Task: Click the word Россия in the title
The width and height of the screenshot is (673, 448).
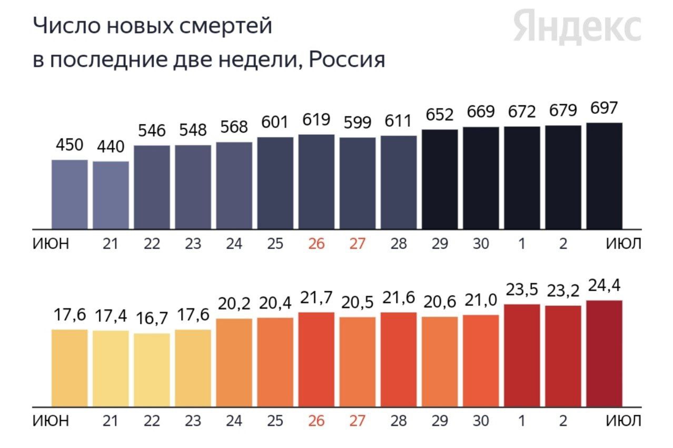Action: pyautogui.click(x=347, y=59)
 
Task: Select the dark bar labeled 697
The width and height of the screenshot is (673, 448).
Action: pyautogui.click(x=604, y=176)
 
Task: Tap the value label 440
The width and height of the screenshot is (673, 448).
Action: pyautogui.click(x=111, y=146)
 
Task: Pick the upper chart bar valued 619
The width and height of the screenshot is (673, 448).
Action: pyautogui.click(x=316, y=182)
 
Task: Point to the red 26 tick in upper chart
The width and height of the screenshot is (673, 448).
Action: pyautogui.click(x=316, y=244)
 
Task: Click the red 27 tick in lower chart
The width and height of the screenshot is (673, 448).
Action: pyautogui.click(x=357, y=421)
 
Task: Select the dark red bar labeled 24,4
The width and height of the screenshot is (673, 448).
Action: pyautogui.click(x=604, y=354)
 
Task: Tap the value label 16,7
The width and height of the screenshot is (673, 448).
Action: pyautogui.click(x=152, y=320)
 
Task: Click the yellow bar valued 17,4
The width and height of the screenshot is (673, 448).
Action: pyautogui.click(x=111, y=369)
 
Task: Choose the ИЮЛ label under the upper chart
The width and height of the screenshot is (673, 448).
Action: pyautogui.click(x=623, y=244)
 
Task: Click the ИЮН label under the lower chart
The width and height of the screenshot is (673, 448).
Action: pyautogui.click(x=51, y=421)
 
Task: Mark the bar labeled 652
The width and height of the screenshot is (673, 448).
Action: pyautogui.click(x=440, y=179)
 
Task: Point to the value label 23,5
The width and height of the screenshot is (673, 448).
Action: pyautogui.click(x=522, y=290)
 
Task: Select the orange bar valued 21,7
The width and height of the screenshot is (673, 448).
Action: pyautogui.click(x=316, y=360)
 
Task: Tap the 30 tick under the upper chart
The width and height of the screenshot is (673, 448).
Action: pyautogui.click(x=480, y=244)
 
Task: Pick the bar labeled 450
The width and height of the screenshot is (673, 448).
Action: pyautogui.click(x=70, y=194)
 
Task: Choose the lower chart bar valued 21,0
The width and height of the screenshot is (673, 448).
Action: pyautogui.click(x=481, y=361)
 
